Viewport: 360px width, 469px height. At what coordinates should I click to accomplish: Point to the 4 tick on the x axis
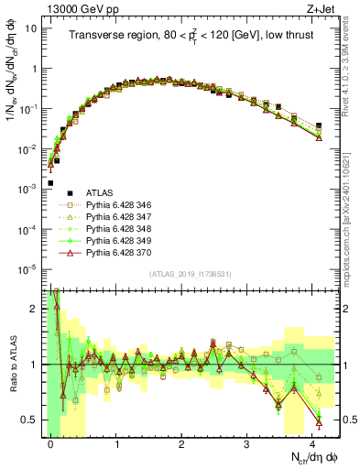pyautogui.click(x=311, y=442)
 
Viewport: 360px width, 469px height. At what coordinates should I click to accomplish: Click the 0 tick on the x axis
pyautogui.click(x=51, y=442)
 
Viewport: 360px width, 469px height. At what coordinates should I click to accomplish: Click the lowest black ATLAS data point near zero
pyautogui.click(x=50, y=183)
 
